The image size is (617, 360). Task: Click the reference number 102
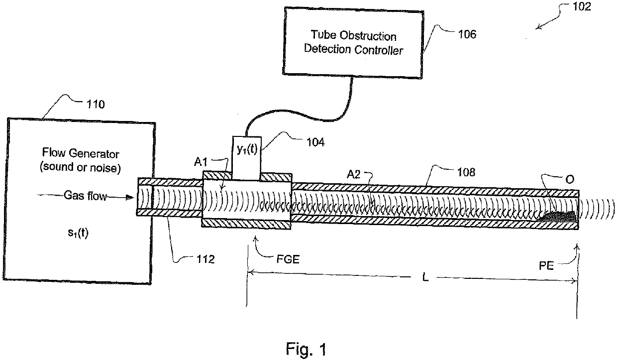click(582, 6)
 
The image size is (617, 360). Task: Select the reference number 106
click(467, 34)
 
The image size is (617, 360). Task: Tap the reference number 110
click(96, 105)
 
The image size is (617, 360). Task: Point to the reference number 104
click(315, 142)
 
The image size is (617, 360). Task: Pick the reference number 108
click(466, 172)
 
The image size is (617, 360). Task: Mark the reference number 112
click(206, 259)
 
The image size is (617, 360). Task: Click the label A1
click(201, 162)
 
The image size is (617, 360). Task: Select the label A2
click(354, 174)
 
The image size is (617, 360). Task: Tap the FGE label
click(288, 259)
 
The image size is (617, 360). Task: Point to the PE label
click(546, 266)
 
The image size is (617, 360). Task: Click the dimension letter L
click(425, 277)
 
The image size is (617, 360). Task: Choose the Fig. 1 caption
click(306, 349)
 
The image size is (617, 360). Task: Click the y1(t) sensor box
click(246, 158)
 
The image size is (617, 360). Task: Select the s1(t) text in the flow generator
click(78, 233)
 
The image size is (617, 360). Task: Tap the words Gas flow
click(86, 196)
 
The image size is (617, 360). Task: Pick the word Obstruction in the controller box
click(368, 36)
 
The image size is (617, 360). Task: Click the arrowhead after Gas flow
click(130, 197)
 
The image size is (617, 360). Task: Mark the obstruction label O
click(570, 180)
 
